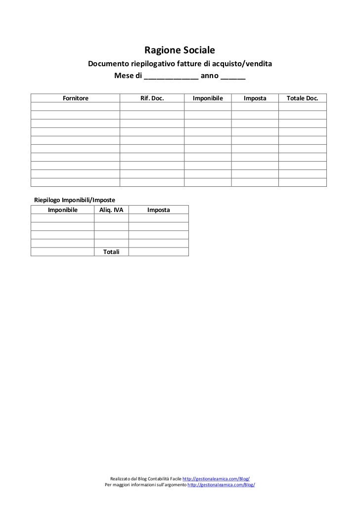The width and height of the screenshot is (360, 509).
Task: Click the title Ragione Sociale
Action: [x=180, y=50]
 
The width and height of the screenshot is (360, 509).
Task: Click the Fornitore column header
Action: [x=75, y=99]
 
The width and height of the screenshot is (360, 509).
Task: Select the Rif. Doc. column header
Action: [x=152, y=99]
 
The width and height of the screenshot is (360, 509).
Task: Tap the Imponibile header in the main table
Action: [x=208, y=99]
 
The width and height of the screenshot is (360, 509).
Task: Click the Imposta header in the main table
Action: [x=255, y=99]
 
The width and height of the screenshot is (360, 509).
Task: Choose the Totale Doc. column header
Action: [x=303, y=99]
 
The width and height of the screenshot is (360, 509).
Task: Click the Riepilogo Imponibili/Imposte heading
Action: [x=74, y=200]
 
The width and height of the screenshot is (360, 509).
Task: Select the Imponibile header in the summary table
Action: [x=62, y=210]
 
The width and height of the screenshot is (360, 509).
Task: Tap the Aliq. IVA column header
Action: [x=111, y=210]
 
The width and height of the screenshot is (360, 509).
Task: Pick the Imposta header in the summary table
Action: [x=159, y=210]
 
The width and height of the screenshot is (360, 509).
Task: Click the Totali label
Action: [x=111, y=252]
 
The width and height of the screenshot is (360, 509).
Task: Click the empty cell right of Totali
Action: [x=159, y=252]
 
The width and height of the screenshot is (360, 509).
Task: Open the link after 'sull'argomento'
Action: [x=222, y=485]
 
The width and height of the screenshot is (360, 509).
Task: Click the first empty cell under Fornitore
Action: [x=75, y=107]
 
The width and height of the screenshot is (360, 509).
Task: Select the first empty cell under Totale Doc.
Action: [x=303, y=107]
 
